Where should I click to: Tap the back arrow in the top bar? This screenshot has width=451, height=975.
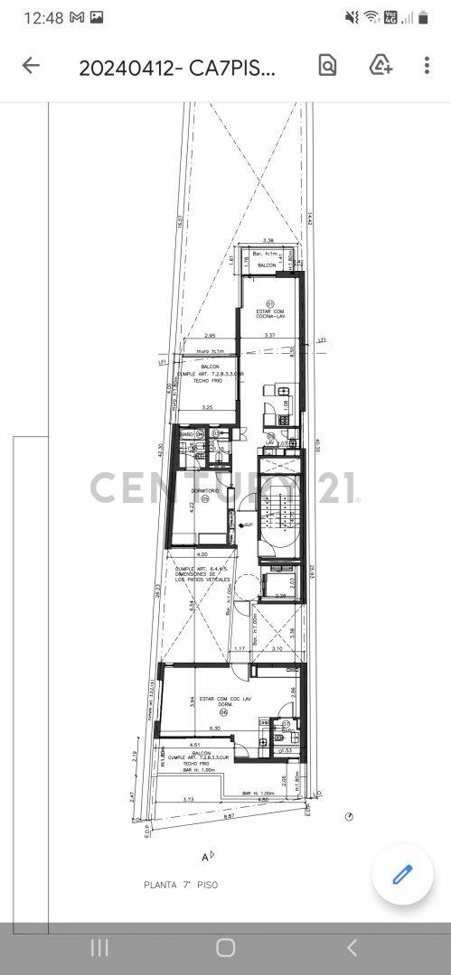point(31,65)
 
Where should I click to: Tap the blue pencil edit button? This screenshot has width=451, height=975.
point(402,874)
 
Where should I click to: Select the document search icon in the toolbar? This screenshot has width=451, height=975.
point(327,65)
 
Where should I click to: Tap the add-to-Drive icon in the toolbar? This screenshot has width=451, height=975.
point(381,65)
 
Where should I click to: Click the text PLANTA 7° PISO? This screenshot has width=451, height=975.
point(181,885)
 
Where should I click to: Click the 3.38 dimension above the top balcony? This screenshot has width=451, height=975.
point(268,241)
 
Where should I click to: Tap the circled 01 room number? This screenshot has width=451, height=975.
point(269,303)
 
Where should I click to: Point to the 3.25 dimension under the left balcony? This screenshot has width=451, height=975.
point(207,408)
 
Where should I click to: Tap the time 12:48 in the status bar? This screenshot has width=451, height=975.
point(43,17)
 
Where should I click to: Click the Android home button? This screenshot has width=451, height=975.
point(225,947)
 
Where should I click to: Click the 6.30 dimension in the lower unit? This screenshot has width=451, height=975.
point(215,729)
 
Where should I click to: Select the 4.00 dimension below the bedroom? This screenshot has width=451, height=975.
point(202,554)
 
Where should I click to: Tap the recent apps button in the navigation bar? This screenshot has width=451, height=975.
point(99,947)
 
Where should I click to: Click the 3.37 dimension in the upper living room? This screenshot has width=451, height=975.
point(268,336)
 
